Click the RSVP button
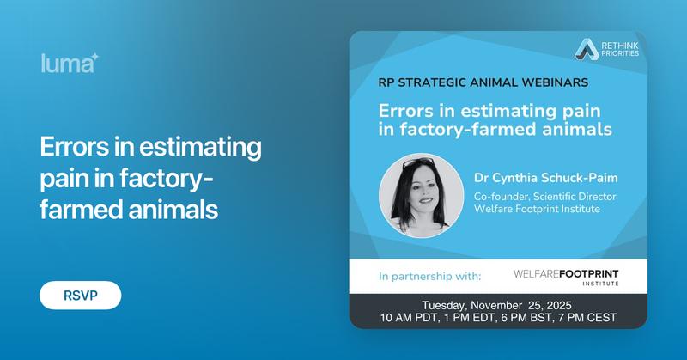point(80,295)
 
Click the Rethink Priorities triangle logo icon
point(587,49)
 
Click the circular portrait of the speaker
point(421,195)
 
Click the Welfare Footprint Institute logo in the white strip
point(566,277)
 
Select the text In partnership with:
point(429,277)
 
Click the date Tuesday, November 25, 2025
point(498,304)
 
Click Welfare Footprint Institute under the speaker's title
point(538,211)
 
